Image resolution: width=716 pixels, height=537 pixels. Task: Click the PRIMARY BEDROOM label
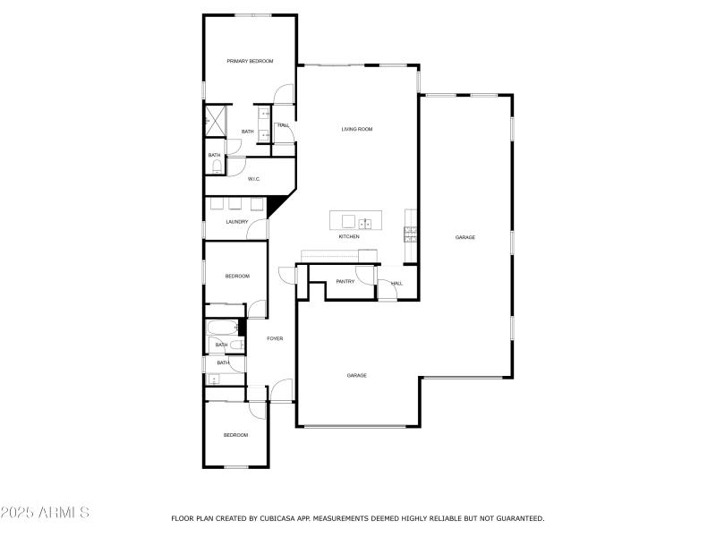pyautogui.click(x=250, y=61)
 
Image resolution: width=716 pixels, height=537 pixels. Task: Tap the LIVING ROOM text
pyautogui.click(x=357, y=129)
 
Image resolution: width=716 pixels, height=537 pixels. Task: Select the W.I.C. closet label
pyautogui.click(x=253, y=179)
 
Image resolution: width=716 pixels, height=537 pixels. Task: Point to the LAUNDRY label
pyautogui.click(x=236, y=222)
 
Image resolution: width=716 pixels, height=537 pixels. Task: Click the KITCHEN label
pyautogui.click(x=349, y=236)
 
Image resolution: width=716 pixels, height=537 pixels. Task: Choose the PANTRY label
pyautogui.click(x=345, y=282)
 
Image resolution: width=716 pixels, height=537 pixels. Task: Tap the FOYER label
pyautogui.click(x=276, y=338)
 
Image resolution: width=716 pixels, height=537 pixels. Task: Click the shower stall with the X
pyautogui.click(x=215, y=120)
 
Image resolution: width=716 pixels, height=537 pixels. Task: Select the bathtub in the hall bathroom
pyautogui.click(x=223, y=326)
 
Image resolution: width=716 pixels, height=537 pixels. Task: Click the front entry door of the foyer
pyautogui.click(x=281, y=391)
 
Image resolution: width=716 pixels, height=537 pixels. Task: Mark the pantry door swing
pyautogui.click(x=365, y=276)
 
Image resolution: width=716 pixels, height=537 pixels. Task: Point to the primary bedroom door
pyautogui.click(x=283, y=93)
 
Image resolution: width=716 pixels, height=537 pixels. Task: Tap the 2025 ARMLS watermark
pyautogui.click(x=45, y=513)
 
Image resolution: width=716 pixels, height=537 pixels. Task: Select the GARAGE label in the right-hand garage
pyautogui.click(x=465, y=237)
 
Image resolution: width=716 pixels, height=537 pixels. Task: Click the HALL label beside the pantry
pyautogui.click(x=396, y=283)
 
